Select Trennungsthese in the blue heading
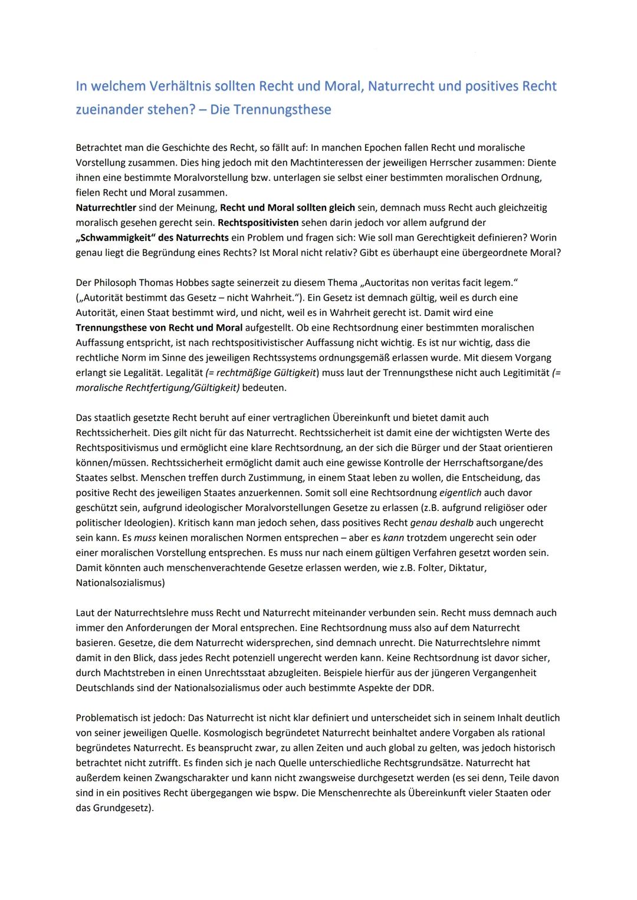pos(282,110)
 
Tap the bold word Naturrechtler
pos(106,207)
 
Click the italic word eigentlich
pos(460,493)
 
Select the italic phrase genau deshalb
pos(442,523)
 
